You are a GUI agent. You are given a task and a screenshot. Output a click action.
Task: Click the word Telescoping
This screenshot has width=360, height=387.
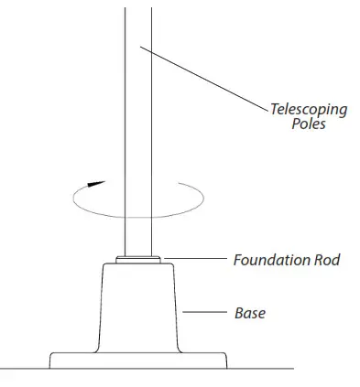(x=308, y=110)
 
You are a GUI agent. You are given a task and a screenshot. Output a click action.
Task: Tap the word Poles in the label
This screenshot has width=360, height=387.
(x=302, y=124)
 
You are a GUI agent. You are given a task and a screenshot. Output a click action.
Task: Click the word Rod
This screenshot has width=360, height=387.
(x=326, y=260)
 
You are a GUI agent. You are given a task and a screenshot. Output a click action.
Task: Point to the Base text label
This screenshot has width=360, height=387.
(x=249, y=313)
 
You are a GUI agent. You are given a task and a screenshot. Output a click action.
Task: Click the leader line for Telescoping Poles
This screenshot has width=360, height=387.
(x=202, y=78)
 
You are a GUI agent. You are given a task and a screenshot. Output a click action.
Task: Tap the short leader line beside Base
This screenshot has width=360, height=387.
(x=202, y=313)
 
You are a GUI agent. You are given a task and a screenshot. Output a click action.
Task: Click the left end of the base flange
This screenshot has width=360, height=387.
(x=50, y=359)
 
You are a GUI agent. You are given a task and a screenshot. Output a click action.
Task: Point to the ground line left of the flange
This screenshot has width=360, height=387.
(x=23, y=367)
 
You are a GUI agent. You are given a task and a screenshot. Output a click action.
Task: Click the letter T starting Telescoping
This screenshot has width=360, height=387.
(x=271, y=110)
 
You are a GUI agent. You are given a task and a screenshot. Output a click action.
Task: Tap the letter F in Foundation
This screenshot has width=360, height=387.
(x=237, y=260)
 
